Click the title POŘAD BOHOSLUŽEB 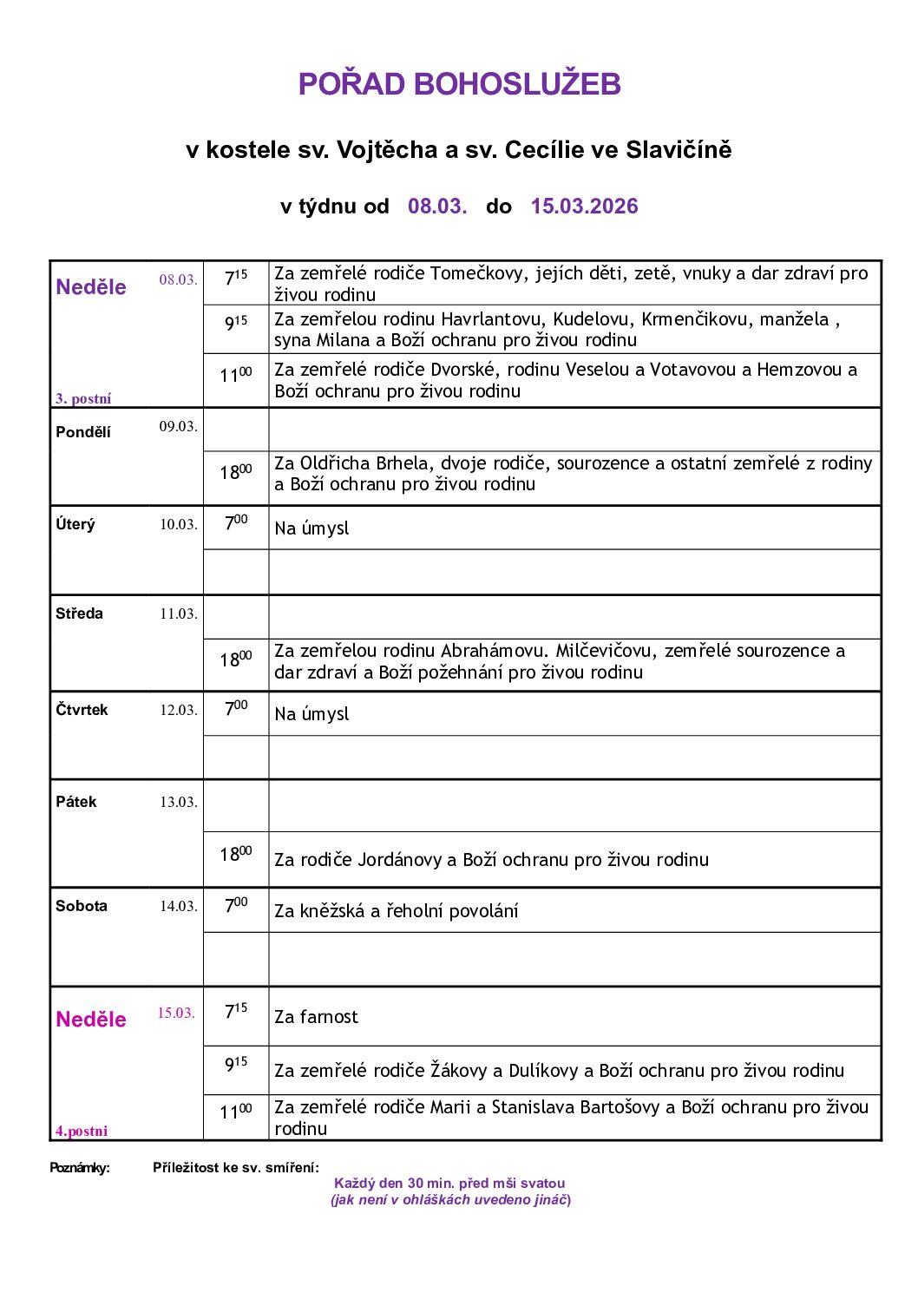pos(459,84)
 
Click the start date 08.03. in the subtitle pos(437,207)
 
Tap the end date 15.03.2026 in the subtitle pos(584,207)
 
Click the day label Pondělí pos(83,432)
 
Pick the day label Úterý pos(75,525)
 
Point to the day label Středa pos(79,614)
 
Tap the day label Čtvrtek pos(82,710)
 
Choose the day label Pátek pos(76,802)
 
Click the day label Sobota pos(82,906)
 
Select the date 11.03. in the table pos(178,614)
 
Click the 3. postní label pos(83,399)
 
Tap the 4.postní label pos(82,1131)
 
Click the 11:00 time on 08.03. pos(235,376)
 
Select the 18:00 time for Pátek pos(235,855)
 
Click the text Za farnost pos(316,1017)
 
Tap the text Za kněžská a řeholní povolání pos(396,911)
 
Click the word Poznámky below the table pos(80,1168)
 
